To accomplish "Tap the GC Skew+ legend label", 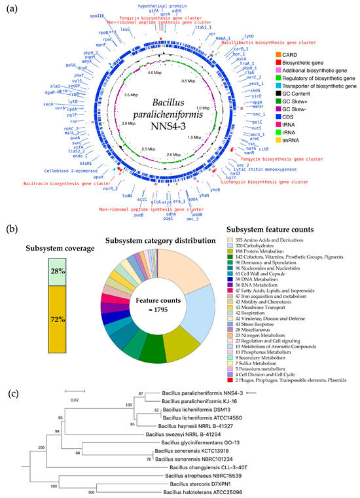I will (305, 101).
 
